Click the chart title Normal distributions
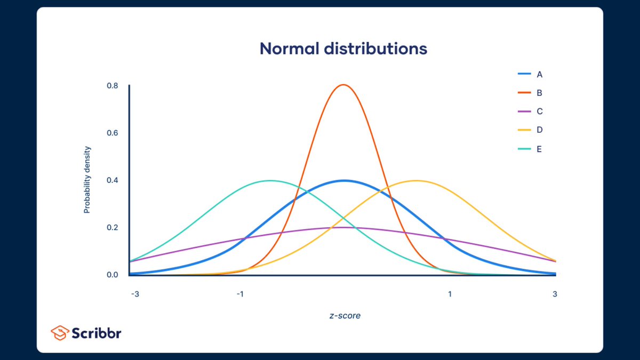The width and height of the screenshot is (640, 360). (x=343, y=49)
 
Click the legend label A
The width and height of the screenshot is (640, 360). (x=539, y=74)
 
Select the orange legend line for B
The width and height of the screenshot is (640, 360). (x=525, y=93)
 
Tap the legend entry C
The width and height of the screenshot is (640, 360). (x=539, y=111)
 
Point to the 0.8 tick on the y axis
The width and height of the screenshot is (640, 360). (x=113, y=85)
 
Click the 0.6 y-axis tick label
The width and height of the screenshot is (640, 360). (x=113, y=133)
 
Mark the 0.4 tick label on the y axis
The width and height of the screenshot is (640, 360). (x=113, y=180)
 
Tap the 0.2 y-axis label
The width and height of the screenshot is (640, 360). (x=113, y=228)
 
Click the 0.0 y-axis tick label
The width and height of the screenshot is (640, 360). (x=113, y=275)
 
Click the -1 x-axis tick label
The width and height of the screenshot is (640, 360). (x=239, y=294)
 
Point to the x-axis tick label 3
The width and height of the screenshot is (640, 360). (x=555, y=294)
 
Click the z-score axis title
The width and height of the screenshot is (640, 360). (x=345, y=316)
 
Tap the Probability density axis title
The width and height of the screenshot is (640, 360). (x=87, y=180)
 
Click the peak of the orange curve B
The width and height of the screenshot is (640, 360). (x=343, y=85)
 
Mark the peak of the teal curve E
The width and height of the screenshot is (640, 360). (x=270, y=181)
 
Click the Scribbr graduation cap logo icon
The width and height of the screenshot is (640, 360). (x=59, y=333)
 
